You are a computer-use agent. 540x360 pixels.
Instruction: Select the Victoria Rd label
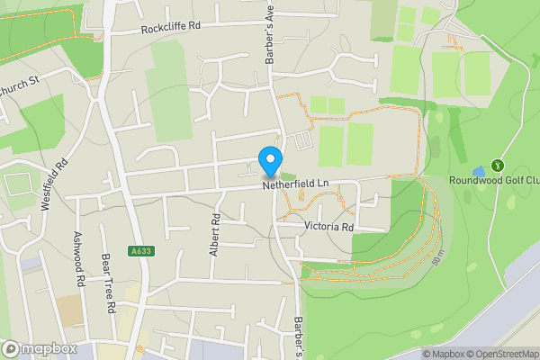click(x=328, y=227)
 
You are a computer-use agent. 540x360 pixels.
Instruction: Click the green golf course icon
click(x=494, y=166)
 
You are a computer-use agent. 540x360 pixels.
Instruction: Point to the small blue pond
click(x=478, y=170)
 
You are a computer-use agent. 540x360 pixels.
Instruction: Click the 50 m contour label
click(x=438, y=256)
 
